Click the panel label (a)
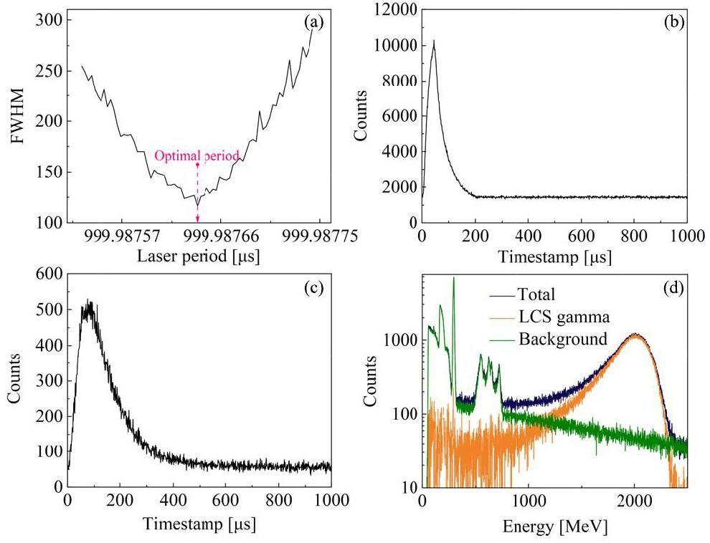click(x=313, y=22)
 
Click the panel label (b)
click(x=673, y=20)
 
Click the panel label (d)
click(x=673, y=289)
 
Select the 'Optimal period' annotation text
click(x=197, y=155)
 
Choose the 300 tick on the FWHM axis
click(x=50, y=19)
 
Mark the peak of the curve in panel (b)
click(x=434, y=41)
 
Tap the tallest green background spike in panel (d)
click(x=453, y=279)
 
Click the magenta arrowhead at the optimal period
click(x=197, y=218)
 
